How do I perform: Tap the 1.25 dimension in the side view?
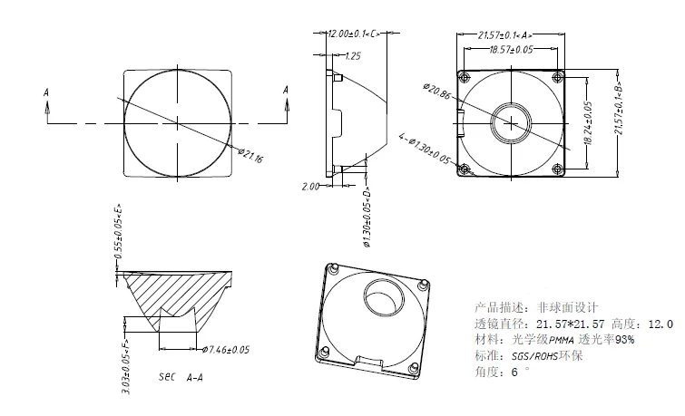tap(353, 56)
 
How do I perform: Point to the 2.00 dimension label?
tap(310, 186)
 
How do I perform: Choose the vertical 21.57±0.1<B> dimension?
tap(620, 103)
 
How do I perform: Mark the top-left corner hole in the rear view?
tap(465, 74)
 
